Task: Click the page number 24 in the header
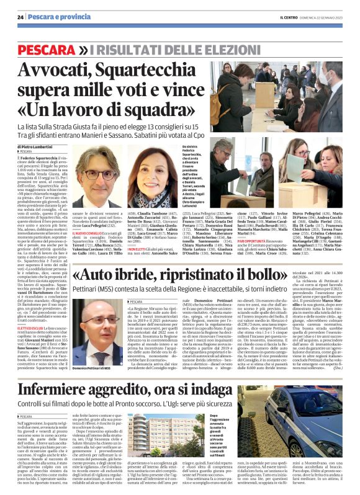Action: click(20, 17)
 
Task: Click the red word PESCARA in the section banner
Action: click(51, 49)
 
